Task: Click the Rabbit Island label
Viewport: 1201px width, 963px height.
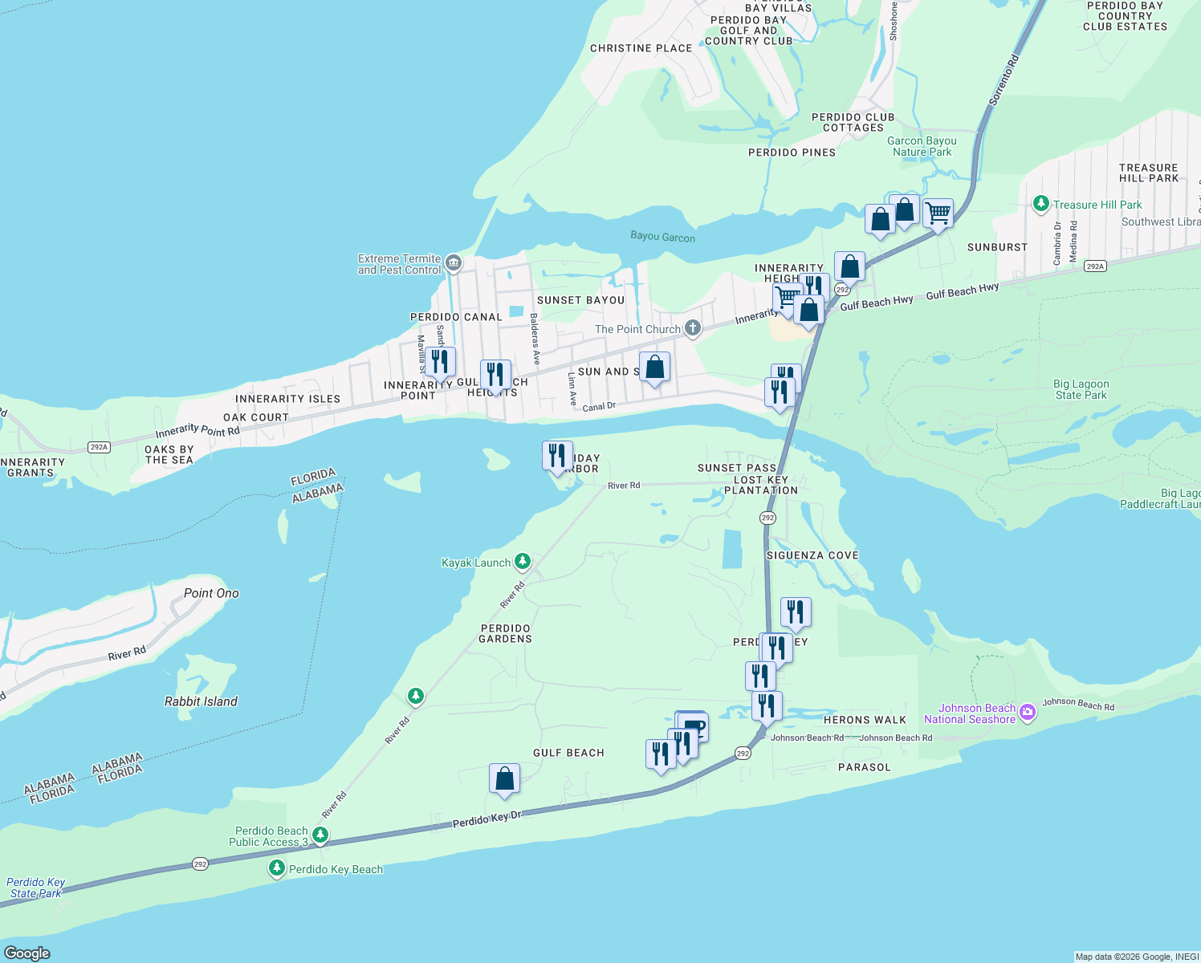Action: (201, 701)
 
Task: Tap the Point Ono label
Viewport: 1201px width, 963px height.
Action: (211, 593)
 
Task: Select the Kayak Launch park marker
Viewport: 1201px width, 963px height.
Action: (523, 561)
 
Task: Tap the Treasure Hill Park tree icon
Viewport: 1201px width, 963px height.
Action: (1041, 204)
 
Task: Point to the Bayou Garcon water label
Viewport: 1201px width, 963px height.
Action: (662, 237)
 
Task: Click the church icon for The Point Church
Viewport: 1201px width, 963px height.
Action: (693, 328)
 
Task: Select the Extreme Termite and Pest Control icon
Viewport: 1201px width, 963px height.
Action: (454, 263)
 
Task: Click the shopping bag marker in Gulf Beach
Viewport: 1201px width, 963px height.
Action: (504, 778)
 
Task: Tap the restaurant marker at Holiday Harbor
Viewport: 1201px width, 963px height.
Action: (557, 456)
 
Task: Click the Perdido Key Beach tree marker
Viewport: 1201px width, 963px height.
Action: (277, 868)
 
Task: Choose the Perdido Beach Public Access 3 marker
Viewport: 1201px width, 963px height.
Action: (320, 835)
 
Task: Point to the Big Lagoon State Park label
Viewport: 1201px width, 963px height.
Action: (1081, 389)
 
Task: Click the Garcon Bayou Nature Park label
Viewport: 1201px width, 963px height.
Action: (922, 146)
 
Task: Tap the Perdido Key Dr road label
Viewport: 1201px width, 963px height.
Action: (487, 819)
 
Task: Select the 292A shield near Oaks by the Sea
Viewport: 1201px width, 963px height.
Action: (99, 447)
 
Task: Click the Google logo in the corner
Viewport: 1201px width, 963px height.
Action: (27, 953)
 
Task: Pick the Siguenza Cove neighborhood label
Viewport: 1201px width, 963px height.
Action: (812, 555)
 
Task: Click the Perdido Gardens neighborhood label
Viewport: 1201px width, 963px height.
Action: (505, 633)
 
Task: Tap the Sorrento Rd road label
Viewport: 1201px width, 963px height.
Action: (1004, 79)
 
